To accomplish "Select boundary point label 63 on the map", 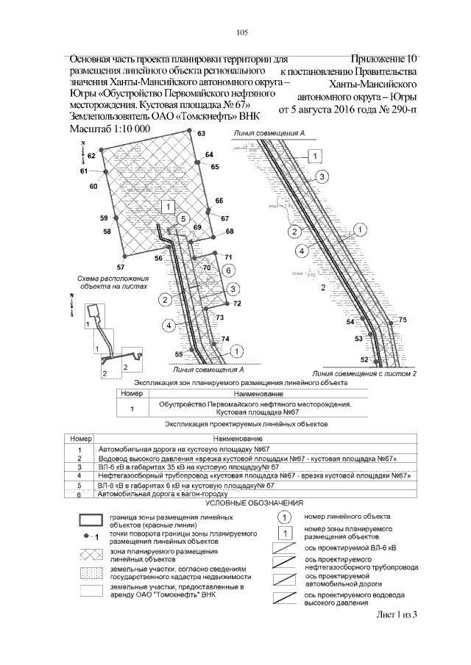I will pos(201,133).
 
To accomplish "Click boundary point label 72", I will pos(237,303).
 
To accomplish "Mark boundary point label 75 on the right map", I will pos(403,320).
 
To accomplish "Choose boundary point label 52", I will pos(364,359).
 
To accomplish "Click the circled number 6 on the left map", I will pos(228,270).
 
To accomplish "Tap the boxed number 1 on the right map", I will pos(314,157).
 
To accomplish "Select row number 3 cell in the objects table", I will pos(78,466).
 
